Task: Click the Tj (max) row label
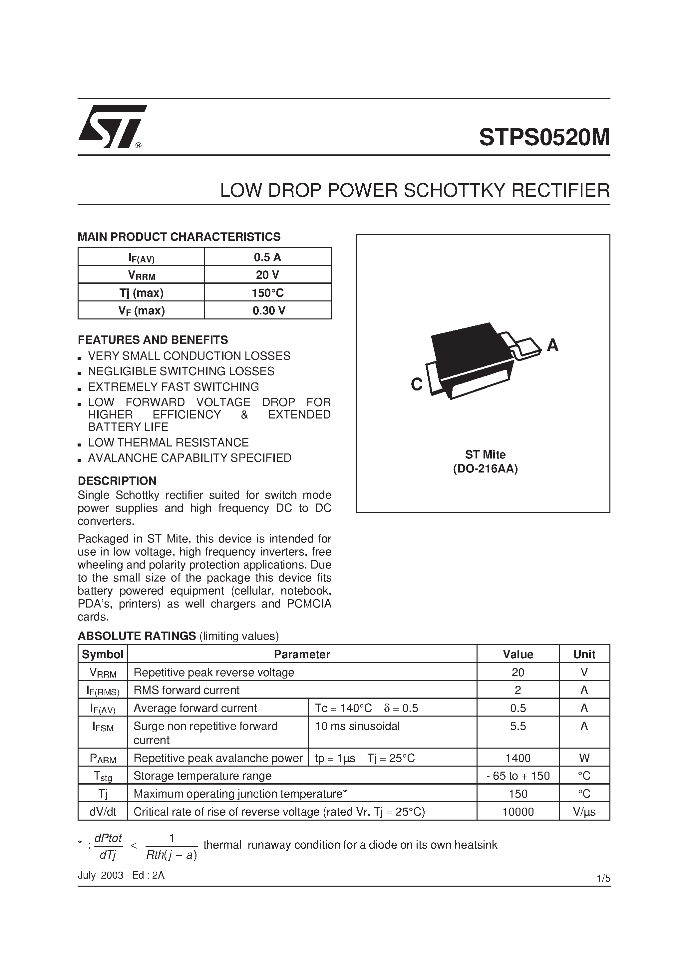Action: (x=141, y=292)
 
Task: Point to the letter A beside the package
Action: (x=552, y=346)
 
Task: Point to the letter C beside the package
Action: (x=417, y=385)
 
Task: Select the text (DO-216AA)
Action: (x=485, y=469)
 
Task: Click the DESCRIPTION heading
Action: (x=117, y=481)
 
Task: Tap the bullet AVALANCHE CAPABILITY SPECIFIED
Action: (x=189, y=458)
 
